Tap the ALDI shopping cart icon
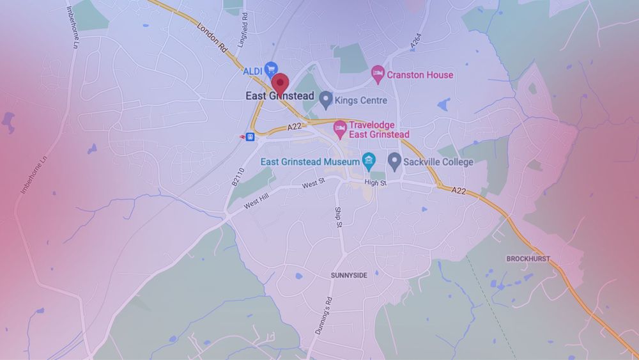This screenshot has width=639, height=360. click(x=271, y=68)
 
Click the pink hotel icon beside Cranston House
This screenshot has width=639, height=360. click(x=378, y=74)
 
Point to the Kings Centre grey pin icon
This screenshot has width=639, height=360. click(x=326, y=100)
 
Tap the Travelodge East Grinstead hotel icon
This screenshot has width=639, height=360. click(x=341, y=130)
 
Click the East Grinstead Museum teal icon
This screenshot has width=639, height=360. click(x=369, y=162)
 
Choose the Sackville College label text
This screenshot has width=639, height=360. click(x=438, y=162)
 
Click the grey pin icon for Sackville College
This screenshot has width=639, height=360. click(x=394, y=161)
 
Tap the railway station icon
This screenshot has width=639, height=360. click(x=250, y=136)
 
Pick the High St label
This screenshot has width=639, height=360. click(x=376, y=183)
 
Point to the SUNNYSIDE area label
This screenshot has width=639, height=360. click(x=349, y=274)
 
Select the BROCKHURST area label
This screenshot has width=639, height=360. click(x=528, y=259)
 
